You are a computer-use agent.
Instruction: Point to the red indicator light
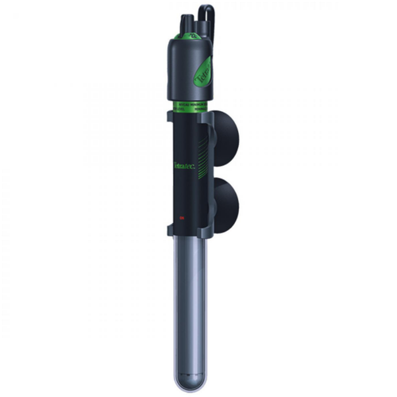181,216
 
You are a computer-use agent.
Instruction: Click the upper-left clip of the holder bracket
169,118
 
